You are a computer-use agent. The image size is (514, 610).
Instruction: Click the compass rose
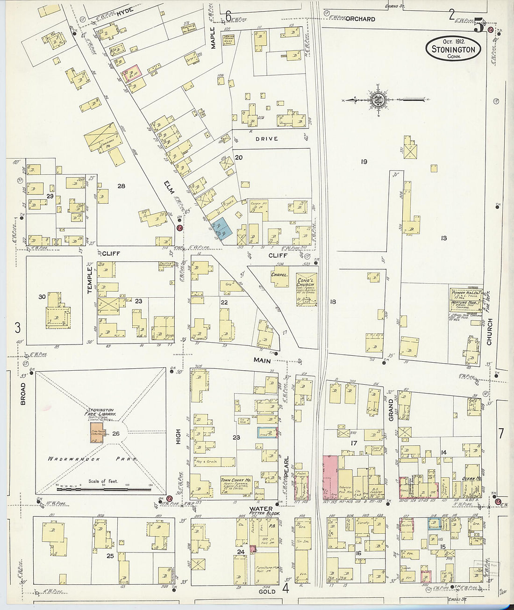coord(378,100)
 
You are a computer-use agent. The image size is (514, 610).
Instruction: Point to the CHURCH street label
coord(489,332)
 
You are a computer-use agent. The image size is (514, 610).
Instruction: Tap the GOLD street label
coord(267,591)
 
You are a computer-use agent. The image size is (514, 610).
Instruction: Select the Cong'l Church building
coord(307,290)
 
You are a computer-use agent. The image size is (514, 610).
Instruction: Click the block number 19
coord(364,162)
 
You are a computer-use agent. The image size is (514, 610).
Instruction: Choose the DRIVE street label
coord(267,139)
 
